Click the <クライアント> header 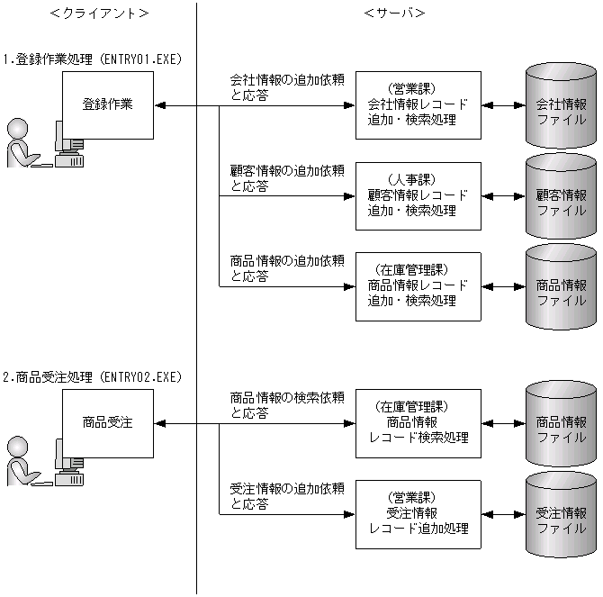coord(99,13)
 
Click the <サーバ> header coord(394,13)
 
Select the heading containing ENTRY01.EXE coord(93,59)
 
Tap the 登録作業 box coord(107,104)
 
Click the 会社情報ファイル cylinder coord(561,105)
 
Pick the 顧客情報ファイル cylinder coord(561,197)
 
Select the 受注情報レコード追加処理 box coord(418,513)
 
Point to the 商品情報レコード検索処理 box coord(418,423)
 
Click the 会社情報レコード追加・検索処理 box coord(418,105)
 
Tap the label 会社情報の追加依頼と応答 coord(287,88)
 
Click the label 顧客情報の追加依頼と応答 coord(287,178)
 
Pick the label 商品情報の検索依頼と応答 coord(287,405)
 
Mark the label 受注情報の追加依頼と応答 coord(287,496)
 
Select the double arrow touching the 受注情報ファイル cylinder coord(502,514)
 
